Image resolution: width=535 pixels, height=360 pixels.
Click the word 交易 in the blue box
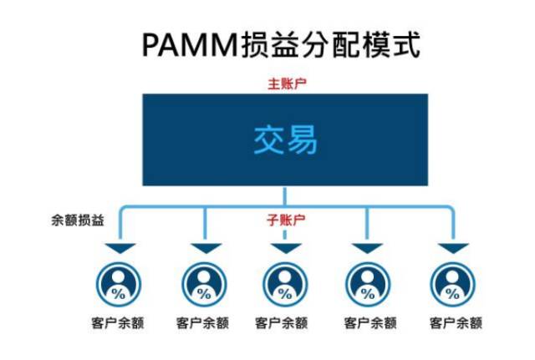pyautogui.click(x=285, y=140)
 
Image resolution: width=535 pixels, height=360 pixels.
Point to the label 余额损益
pyautogui.click(x=77, y=221)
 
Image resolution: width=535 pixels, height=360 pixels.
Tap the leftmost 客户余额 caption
pyautogui.click(x=119, y=322)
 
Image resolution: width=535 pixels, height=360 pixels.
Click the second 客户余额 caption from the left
pyautogui.click(x=203, y=322)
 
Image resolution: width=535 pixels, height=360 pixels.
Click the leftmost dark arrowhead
pyautogui.click(x=119, y=249)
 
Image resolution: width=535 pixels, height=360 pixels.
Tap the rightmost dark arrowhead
pyautogui.click(x=453, y=249)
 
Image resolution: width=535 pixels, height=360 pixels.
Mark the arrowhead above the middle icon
pyautogui.click(x=285, y=249)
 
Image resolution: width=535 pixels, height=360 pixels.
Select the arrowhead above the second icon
pyautogui.click(x=204, y=249)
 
